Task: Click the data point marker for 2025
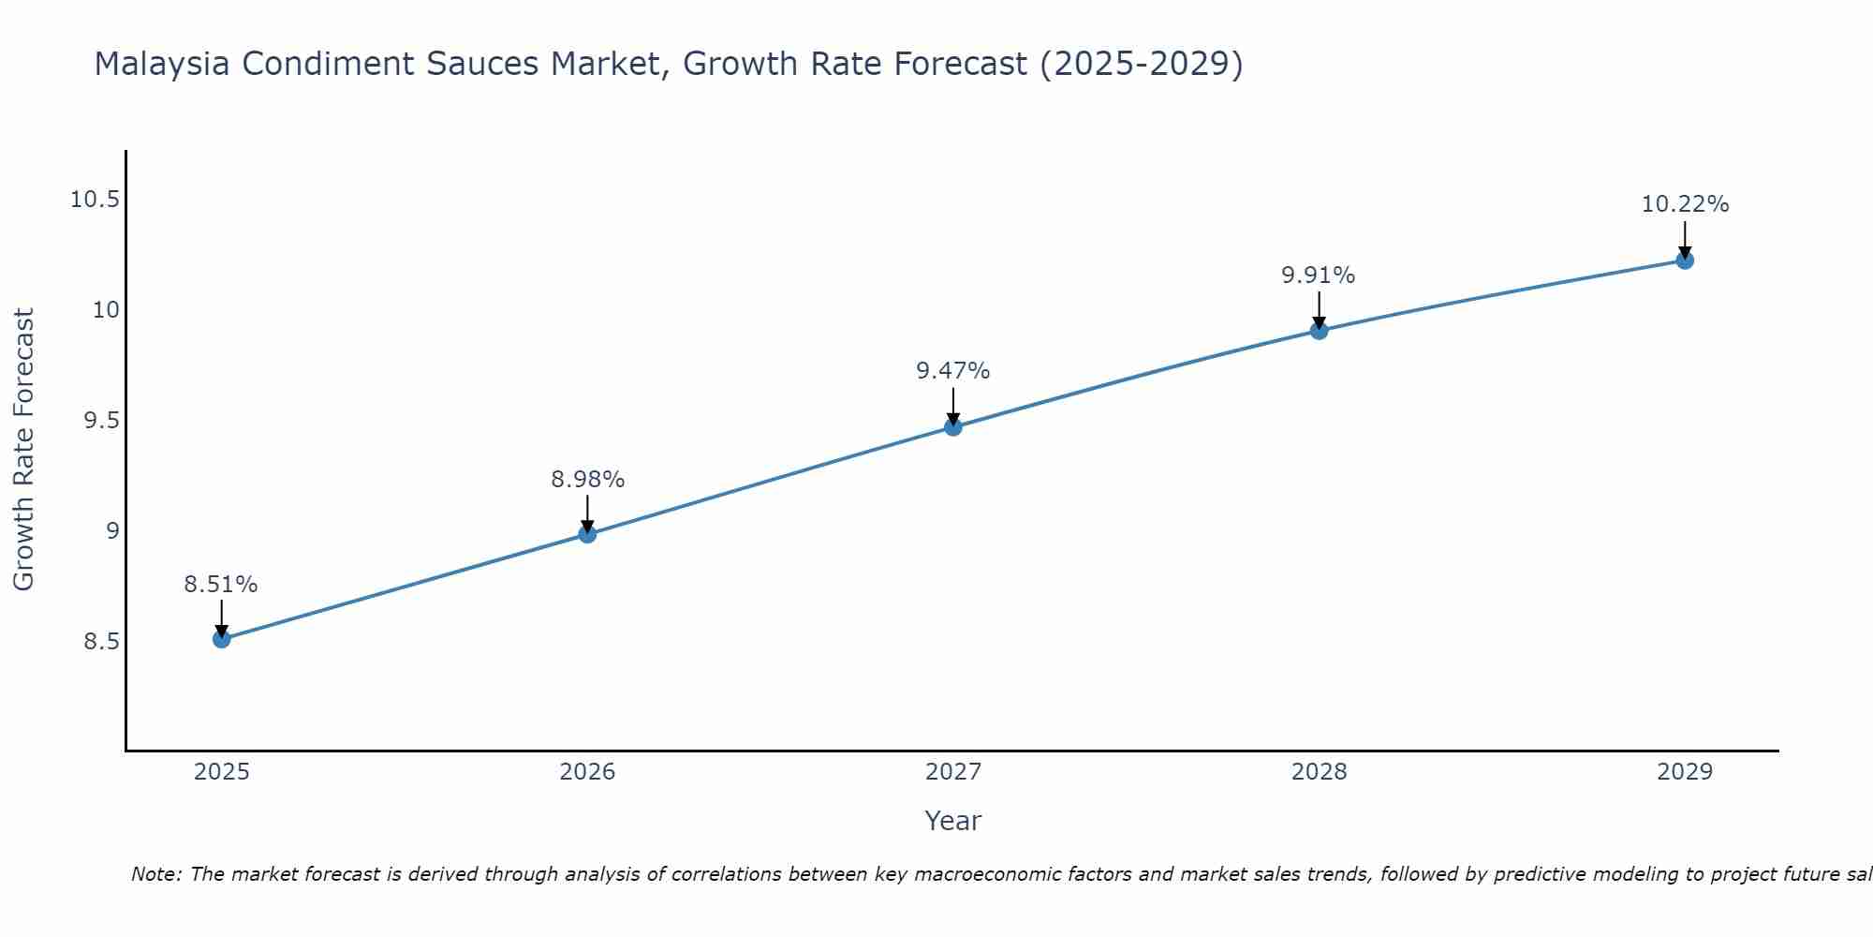click(222, 639)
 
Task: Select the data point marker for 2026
click(587, 534)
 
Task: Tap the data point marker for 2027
click(953, 427)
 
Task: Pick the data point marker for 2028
click(1319, 330)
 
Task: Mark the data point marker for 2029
click(1685, 260)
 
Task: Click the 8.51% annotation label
click(220, 585)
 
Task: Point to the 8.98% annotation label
click(587, 480)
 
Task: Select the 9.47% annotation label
click(952, 371)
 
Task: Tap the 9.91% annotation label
click(1318, 275)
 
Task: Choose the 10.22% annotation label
click(1685, 204)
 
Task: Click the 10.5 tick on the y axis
click(95, 200)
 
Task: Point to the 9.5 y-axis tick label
click(101, 421)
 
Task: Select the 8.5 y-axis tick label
click(101, 642)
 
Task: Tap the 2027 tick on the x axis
click(953, 772)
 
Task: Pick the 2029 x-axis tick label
click(1685, 772)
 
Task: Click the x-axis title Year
click(952, 821)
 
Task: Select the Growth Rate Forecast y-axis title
click(23, 450)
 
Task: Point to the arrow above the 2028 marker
click(1319, 309)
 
